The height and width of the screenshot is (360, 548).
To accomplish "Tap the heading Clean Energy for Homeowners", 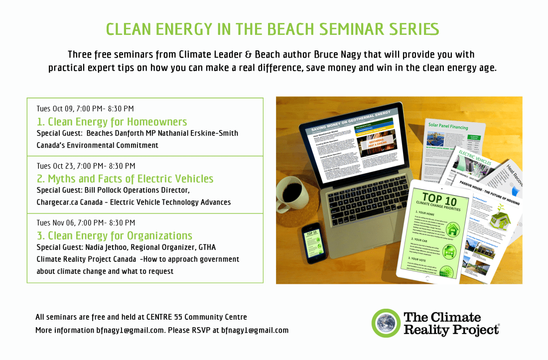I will click(x=112, y=121).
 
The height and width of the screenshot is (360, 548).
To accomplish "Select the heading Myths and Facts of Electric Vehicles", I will click(x=125, y=178).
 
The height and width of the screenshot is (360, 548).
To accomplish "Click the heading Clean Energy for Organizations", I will click(x=115, y=236).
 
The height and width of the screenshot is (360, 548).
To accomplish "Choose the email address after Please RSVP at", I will click(x=255, y=330).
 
